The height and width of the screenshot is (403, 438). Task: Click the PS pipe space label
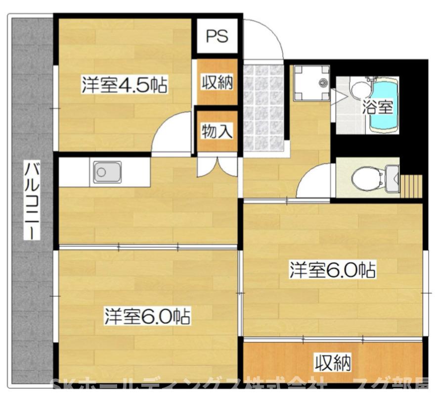point(217,36)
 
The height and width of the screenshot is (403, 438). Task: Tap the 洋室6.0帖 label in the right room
point(332,270)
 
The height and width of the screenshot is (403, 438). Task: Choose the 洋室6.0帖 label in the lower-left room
point(147,316)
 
